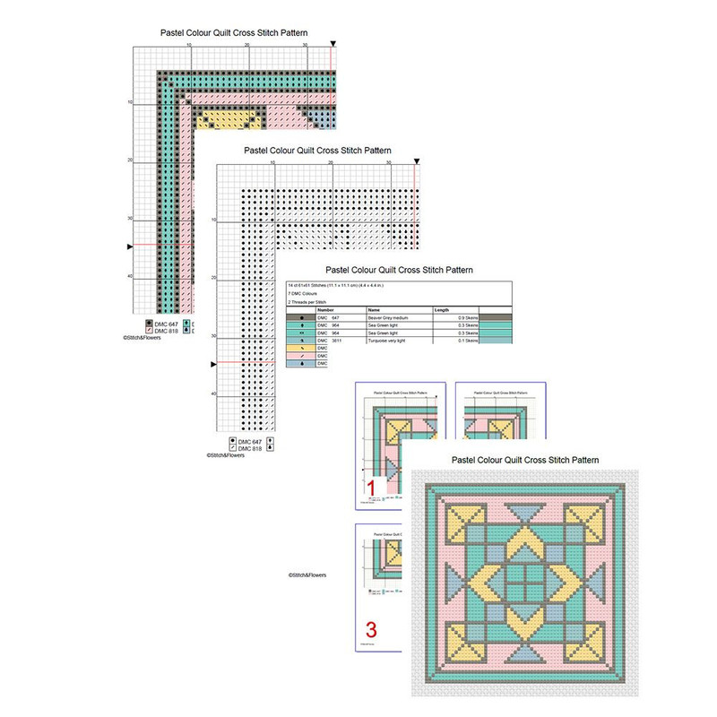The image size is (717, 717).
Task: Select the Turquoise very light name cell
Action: pos(394,341)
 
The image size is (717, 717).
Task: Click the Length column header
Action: pos(443,309)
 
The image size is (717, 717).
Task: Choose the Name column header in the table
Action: pos(375,309)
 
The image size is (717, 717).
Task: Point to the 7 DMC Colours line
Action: pos(305,293)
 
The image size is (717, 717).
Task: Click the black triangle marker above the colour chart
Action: pos(333,43)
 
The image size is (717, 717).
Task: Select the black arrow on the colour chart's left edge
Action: pos(132,246)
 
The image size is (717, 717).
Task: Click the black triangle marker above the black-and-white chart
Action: pos(416,162)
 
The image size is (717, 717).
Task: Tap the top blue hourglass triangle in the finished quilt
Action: pos(524,515)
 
